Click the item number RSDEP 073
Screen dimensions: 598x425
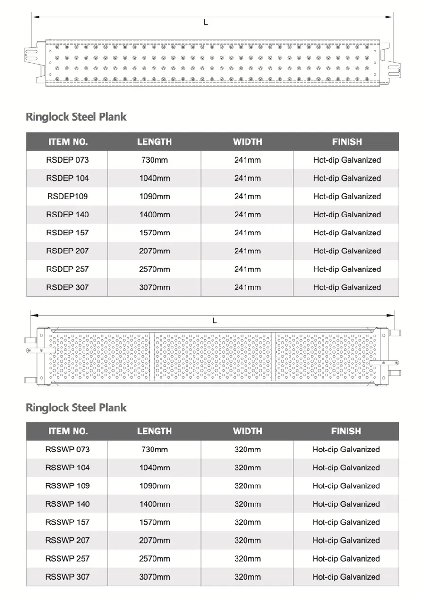click(x=68, y=160)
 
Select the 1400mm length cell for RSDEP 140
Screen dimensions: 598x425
click(x=154, y=215)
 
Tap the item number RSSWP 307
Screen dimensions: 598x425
click(x=68, y=577)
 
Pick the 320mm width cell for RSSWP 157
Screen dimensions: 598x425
click(x=247, y=522)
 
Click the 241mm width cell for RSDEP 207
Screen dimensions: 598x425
click(x=247, y=251)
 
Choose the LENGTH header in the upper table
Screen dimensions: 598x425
click(x=154, y=142)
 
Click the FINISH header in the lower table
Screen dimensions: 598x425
click(x=346, y=431)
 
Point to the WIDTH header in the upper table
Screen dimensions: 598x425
click(x=247, y=142)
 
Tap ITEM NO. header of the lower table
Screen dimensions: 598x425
click(x=68, y=431)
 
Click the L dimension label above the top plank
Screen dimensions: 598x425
click(x=206, y=22)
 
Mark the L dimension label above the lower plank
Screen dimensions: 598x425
click(x=215, y=321)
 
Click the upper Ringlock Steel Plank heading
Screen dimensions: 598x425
click(x=76, y=117)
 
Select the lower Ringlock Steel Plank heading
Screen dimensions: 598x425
click(x=76, y=407)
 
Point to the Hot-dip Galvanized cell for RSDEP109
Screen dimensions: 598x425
click(x=347, y=196)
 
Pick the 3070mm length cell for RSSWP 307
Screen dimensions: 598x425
click(x=154, y=577)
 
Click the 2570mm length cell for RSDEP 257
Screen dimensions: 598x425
click(x=154, y=269)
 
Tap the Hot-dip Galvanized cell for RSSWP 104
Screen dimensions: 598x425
click(x=346, y=468)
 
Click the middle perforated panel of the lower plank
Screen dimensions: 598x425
click(x=213, y=356)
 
